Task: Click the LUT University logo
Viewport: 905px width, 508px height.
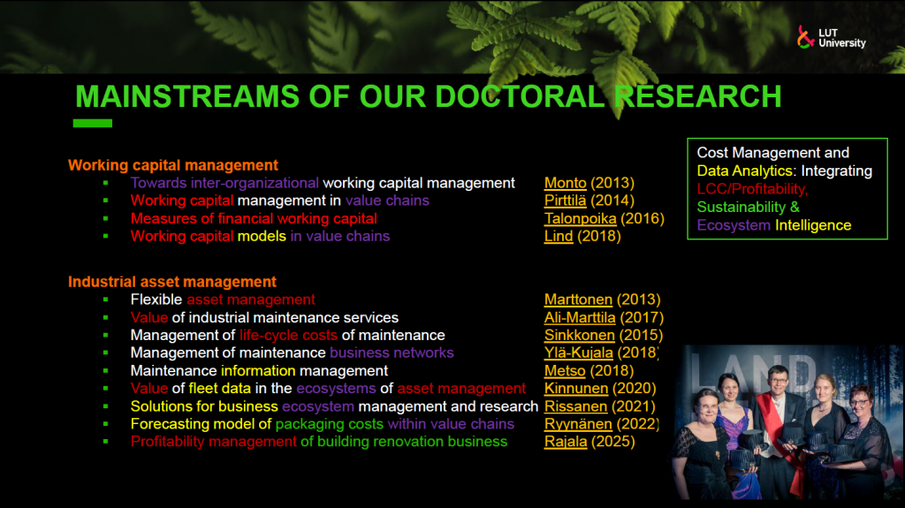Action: tap(831, 37)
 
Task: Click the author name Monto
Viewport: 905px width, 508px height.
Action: tap(565, 183)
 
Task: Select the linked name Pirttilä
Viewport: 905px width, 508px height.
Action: tap(565, 201)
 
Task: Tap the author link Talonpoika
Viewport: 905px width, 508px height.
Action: tap(580, 219)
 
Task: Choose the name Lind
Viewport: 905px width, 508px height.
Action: tap(559, 236)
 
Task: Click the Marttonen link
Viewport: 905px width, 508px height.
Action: tap(578, 299)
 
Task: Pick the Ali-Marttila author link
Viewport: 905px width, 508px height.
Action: tap(580, 317)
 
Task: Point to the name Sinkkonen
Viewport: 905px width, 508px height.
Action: tap(579, 336)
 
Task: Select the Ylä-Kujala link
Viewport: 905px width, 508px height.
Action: tap(578, 353)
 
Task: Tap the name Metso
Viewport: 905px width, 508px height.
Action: tap(565, 370)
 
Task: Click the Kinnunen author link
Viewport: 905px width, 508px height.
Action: tap(576, 389)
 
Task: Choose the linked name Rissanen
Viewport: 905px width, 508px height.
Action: tap(575, 406)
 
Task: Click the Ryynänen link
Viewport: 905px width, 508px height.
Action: tap(578, 424)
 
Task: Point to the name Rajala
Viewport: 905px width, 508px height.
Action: tap(565, 442)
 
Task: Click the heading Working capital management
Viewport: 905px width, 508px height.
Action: tap(173, 165)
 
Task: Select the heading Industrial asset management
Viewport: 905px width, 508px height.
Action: tap(172, 282)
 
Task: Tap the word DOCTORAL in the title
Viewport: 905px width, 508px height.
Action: tap(520, 96)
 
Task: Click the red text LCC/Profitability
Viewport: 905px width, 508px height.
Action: tap(752, 189)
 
